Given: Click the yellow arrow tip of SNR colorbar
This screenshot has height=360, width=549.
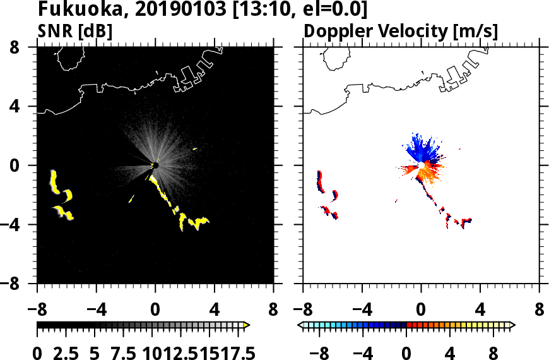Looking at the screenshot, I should [247, 325].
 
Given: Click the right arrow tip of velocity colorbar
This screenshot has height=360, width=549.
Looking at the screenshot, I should [512, 325].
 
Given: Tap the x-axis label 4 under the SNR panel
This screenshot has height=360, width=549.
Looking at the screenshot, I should [215, 311].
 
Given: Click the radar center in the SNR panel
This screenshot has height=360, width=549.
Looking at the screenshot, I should [155, 165].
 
